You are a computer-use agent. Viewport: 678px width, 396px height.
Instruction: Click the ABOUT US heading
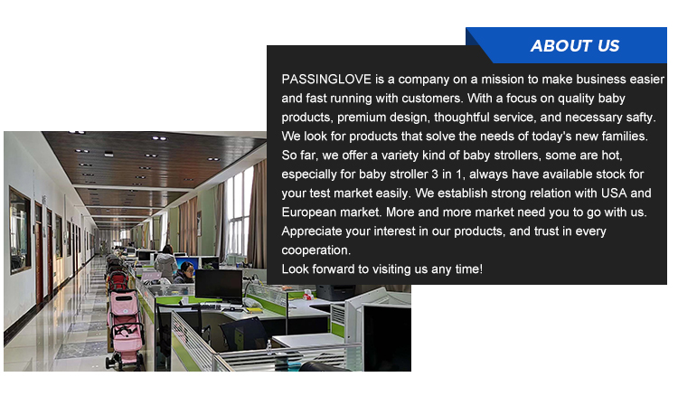(575, 46)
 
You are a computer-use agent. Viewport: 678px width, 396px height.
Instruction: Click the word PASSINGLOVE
(322, 79)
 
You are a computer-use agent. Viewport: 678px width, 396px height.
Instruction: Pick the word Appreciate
(313, 231)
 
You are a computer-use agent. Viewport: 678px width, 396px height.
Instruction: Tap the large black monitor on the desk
(218, 285)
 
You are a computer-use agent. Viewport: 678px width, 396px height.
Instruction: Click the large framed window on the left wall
(19, 230)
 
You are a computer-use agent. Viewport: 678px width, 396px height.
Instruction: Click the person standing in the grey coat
(166, 262)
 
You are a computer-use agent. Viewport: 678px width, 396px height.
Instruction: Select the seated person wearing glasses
(185, 271)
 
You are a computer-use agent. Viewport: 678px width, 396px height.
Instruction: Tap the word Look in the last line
(296, 269)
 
